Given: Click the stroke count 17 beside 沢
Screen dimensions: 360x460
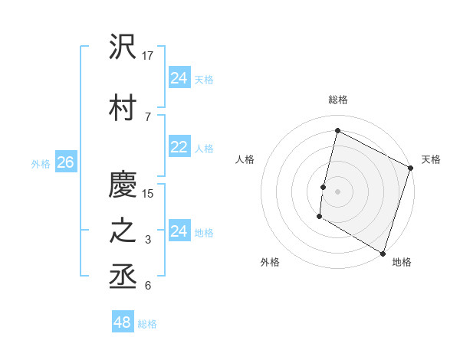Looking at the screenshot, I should [x=149, y=56].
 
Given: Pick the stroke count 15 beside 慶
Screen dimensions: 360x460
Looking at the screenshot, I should [x=149, y=193].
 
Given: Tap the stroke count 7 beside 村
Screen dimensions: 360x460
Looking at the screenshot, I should [x=148, y=116].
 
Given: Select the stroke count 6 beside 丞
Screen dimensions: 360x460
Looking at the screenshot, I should [x=148, y=286].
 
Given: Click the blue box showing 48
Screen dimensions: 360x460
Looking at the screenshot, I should [x=123, y=322].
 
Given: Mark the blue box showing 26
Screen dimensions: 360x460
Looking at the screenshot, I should [x=65, y=162].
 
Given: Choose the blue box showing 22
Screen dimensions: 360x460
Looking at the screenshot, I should [x=179, y=148].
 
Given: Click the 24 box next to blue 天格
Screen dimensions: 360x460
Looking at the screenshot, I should [x=179, y=78].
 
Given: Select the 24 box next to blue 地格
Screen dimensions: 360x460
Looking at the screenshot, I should [x=179, y=231].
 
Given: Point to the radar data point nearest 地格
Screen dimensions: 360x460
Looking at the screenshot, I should [x=382, y=253].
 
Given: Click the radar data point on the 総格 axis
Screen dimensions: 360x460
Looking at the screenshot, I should [x=337, y=130].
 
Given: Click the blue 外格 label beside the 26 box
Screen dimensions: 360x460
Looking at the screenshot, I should [x=41, y=163].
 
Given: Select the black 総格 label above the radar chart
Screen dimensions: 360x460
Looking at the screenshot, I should [x=338, y=100].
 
